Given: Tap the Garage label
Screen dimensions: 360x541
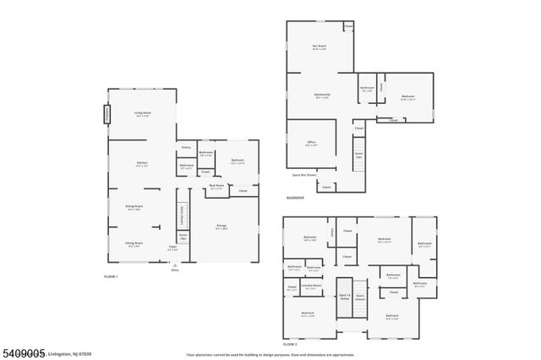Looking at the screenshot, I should (x=221, y=226).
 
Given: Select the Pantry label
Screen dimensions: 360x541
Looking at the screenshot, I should (x=186, y=147).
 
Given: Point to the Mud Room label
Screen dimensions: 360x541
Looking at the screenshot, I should (x=216, y=186).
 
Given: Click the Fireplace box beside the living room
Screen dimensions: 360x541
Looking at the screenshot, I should (x=107, y=113).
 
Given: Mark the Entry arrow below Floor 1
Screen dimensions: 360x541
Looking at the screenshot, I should (x=175, y=267).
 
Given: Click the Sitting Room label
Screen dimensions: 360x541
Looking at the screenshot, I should (x=134, y=244).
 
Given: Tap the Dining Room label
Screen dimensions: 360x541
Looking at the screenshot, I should (x=134, y=206).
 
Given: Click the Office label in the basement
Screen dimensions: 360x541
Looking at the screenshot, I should (x=310, y=144).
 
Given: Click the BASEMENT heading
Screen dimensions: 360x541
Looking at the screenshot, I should (x=295, y=198).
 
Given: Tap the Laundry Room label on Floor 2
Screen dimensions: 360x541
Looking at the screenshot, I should (x=312, y=286).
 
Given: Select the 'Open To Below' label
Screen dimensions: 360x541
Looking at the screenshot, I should (x=344, y=297).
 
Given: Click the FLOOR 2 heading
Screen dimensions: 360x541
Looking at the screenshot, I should (x=290, y=345).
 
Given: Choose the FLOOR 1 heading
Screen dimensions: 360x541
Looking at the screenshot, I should (x=111, y=276).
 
